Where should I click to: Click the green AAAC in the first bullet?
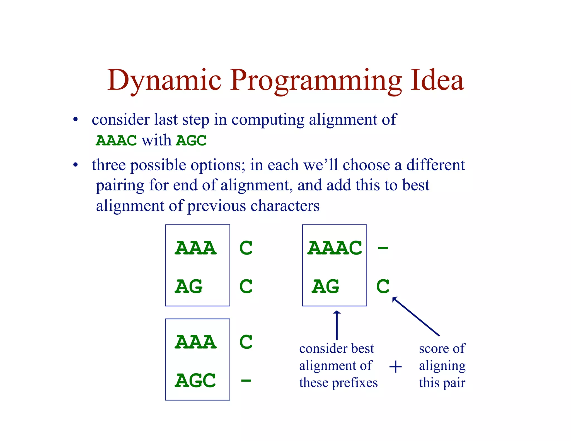[116, 140]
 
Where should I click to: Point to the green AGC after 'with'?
[191, 140]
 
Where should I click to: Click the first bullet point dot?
[75, 120]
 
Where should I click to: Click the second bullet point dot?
[75, 165]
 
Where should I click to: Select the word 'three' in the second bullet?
[109, 165]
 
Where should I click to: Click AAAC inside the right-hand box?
[335, 248]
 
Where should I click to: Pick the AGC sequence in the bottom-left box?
[195, 381]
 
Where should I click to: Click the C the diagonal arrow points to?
[383, 286]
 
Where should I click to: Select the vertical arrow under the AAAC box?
[337, 325]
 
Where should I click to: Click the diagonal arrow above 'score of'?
[416, 316]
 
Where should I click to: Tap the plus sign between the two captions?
[395, 367]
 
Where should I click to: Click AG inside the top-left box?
[189, 286]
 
